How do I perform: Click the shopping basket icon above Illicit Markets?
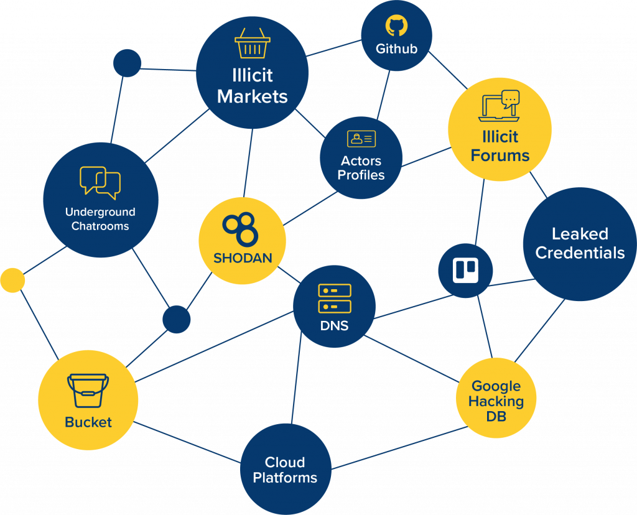click(252, 44)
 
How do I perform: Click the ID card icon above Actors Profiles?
click(361, 139)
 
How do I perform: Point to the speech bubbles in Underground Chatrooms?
click(100, 182)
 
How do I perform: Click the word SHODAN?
click(243, 257)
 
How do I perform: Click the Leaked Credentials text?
click(580, 243)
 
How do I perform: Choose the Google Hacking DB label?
click(496, 401)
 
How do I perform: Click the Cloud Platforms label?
click(285, 470)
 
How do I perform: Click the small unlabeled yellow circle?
click(12, 280)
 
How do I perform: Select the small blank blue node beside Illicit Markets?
click(127, 63)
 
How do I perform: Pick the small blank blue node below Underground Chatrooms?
click(176, 319)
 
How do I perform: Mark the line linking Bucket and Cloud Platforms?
click(187, 443)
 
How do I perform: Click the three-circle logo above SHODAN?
click(240, 227)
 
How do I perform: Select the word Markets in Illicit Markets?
click(252, 96)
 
